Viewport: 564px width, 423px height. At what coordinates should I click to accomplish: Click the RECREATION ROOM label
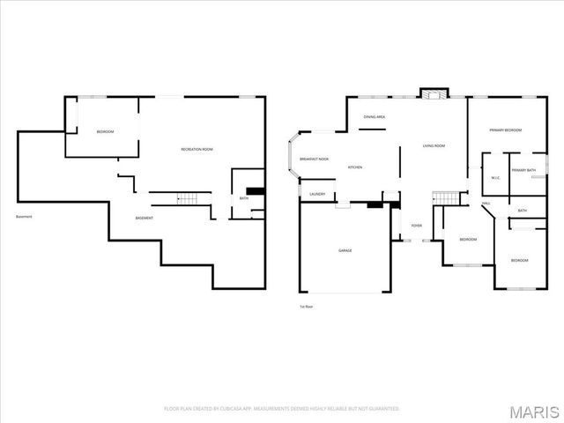[x=197, y=149]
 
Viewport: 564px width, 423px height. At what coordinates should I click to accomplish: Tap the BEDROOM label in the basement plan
[x=106, y=131]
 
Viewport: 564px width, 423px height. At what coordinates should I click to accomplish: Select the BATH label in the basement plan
[x=244, y=198]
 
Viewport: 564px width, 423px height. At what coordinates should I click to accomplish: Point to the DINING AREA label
[x=375, y=116]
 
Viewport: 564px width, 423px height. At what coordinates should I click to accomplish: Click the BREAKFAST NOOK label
[x=314, y=159]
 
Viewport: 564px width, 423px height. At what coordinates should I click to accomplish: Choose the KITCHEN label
[x=355, y=167]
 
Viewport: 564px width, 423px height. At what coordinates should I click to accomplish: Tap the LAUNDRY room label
[x=317, y=194]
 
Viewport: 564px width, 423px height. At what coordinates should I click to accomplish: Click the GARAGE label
[x=345, y=250]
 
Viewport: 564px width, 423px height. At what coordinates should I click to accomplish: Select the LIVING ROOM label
[x=433, y=145]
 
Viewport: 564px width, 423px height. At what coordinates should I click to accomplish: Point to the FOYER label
[x=417, y=226]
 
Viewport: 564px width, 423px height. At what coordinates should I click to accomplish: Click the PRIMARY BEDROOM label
[x=506, y=130]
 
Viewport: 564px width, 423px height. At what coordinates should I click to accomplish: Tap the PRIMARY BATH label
[x=523, y=170]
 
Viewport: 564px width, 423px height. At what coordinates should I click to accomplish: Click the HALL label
[x=486, y=204]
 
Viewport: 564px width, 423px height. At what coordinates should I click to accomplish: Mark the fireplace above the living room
[x=434, y=93]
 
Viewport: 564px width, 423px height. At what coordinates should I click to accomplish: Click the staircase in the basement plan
[x=185, y=198]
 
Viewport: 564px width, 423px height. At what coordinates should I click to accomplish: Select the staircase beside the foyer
[x=449, y=197]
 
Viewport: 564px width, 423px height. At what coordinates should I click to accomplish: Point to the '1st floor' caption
[x=307, y=306]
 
